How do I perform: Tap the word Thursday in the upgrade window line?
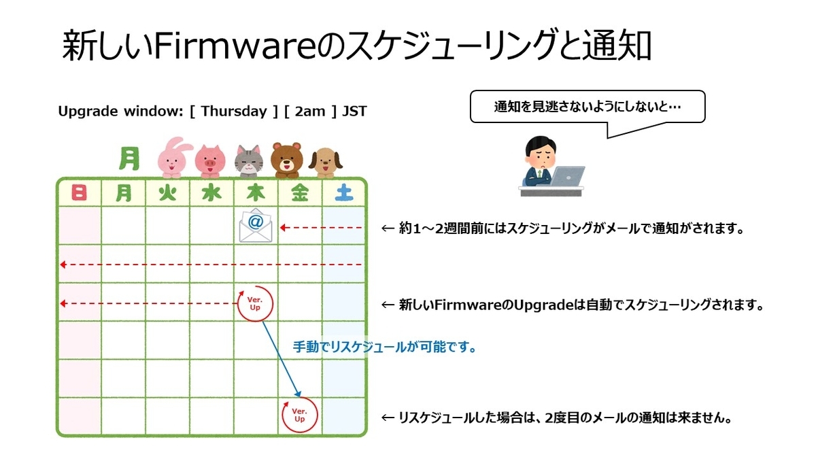coord(234,112)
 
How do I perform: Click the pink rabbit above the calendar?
coord(171,156)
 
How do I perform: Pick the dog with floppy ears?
coord(326,161)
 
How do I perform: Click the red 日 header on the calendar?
coord(79,194)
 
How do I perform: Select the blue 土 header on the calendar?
coord(344,194)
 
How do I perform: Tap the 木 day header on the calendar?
coord(255,194)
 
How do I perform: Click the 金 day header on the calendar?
coord(299,194)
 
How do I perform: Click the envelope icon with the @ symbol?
coord(256,225)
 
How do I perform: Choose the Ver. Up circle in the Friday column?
coord(300,414)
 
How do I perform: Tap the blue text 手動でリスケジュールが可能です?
coord(384,347)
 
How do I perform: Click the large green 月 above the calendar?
coord(129,158)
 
